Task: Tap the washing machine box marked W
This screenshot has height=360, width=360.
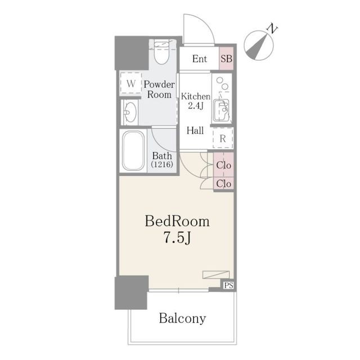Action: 130,83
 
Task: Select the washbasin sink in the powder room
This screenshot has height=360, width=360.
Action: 130,112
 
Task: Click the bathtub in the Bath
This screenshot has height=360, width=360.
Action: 133,151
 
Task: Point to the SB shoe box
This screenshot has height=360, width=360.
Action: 226,58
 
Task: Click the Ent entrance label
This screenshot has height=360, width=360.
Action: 200,58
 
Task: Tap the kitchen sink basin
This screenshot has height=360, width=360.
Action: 221,110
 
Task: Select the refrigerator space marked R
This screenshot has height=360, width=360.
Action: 223,138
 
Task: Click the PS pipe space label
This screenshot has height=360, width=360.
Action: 229,285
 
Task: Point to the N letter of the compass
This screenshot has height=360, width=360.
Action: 272,28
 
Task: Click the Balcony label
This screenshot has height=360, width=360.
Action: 182,318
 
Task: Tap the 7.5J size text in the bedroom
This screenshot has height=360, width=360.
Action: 177,237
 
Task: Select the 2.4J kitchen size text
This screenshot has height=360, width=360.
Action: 196,106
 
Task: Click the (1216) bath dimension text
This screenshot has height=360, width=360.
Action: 162,164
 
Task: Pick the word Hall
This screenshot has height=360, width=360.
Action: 195,130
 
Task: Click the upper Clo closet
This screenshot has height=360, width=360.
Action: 224,165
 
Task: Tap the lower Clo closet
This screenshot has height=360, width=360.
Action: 224,183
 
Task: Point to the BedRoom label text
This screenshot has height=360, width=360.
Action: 177,221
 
